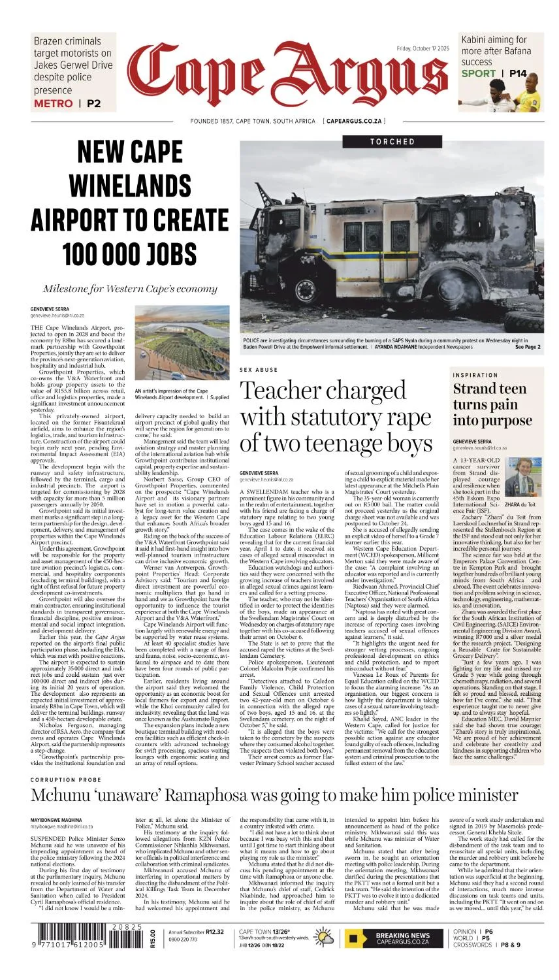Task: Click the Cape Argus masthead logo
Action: tap(287, 77)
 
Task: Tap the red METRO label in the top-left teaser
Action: tap(53, 103)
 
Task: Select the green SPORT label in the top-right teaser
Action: tap(479, 73)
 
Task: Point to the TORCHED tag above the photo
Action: tap(392, 141)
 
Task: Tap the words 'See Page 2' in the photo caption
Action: tap(528, 347)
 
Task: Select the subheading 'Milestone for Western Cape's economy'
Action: tap(129, 289)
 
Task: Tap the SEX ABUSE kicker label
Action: tap(259, 370)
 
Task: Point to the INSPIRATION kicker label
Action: tap(475, 375)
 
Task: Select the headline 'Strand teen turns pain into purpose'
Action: tap(492, 404)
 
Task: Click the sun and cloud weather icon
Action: tap(324, 938)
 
